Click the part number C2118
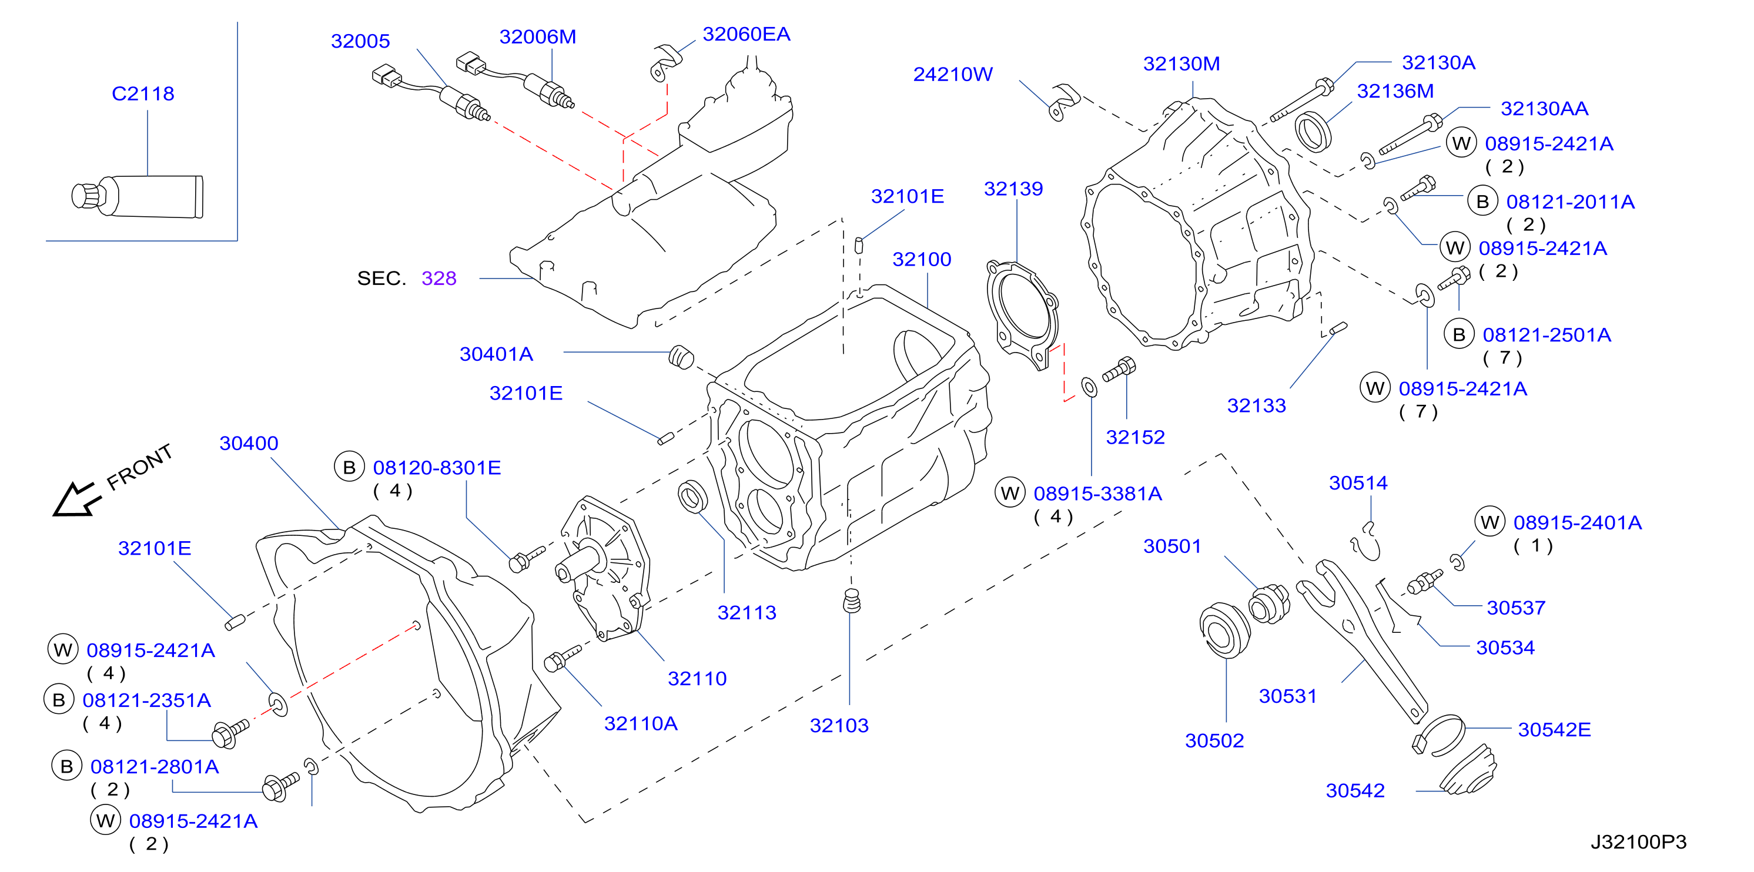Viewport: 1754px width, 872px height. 143,93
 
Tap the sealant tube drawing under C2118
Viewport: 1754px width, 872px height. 138,197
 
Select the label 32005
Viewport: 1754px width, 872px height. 360,41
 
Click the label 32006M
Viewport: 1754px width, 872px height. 538,37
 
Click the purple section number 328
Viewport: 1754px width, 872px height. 439,278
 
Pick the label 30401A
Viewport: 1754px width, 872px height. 496,354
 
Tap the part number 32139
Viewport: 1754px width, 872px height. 1013,189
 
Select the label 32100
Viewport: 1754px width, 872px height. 922,259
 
